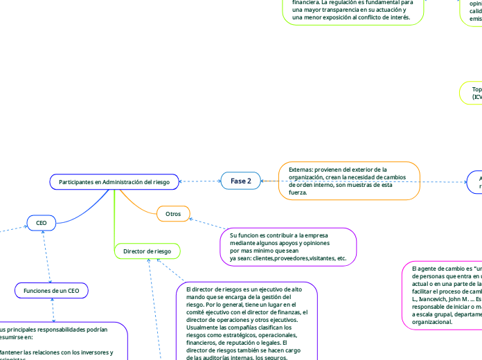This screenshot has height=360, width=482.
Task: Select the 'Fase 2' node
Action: (x=236, y=181)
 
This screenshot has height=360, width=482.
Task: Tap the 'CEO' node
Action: (x=41, y=223)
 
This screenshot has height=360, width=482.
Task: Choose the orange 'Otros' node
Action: (x=173, y=215)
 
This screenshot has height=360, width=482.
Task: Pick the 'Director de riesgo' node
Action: (x=147, y=251)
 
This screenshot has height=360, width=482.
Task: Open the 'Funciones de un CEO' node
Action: (x=51, y=291)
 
